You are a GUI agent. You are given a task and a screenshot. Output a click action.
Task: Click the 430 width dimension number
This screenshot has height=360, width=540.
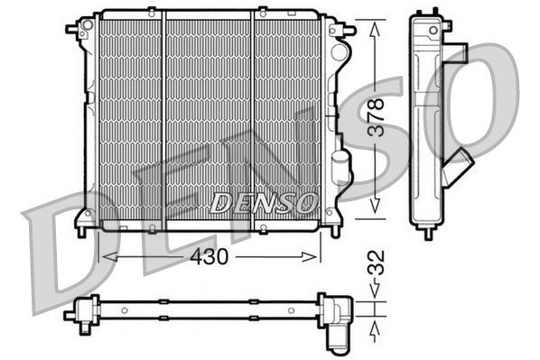click(x=209, y=256)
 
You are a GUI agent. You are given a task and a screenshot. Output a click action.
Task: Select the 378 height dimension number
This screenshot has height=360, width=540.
click(x=379, y=116)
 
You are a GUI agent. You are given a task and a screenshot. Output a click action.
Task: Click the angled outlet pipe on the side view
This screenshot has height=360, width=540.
click(x=460, y=168)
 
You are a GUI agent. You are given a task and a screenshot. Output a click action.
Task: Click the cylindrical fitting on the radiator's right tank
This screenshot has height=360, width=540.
click(x=340, y=167)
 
